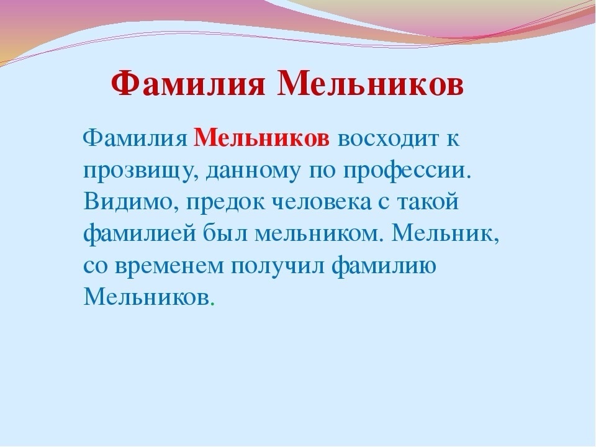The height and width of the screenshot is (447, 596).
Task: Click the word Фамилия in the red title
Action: tap(187, 84)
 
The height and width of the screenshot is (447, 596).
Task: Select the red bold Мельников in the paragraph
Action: tap(261, 138)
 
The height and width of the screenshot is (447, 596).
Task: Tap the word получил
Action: tap(278, 267)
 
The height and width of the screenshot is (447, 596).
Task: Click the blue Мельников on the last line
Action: tap(147, 297)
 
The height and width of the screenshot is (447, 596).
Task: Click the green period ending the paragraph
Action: tap(212, 305)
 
